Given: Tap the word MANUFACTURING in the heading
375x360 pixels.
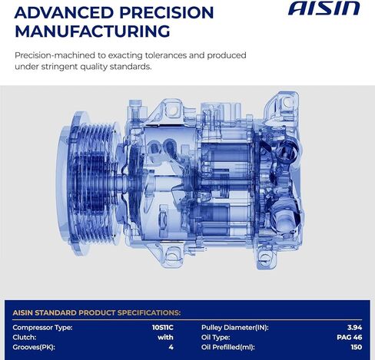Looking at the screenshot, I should tap(91, 31).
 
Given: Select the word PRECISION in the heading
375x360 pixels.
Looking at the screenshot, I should tap(166, 13).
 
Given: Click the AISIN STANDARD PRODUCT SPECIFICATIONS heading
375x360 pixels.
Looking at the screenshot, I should tap(97, 312).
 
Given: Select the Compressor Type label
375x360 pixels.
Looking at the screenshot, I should tap(44, 328).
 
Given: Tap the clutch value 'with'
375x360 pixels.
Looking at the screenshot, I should tap(166, 337).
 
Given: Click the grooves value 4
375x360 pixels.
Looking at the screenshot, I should tap(171, 347).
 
